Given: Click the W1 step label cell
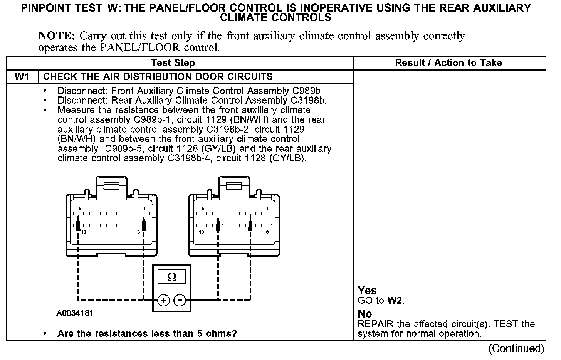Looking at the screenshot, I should point(22,76).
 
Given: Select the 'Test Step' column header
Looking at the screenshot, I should point(173,63).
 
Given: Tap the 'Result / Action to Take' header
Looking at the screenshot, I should point(448,63).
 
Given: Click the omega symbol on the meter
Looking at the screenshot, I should point(172,277).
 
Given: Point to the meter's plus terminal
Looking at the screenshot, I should point(163,300).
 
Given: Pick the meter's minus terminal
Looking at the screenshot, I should point(180,300).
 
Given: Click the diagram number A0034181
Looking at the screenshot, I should point(75,313).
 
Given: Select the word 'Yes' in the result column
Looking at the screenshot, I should point(367,290).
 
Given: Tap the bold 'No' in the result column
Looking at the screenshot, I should point(365,314).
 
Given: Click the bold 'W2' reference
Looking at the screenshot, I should point(395,301).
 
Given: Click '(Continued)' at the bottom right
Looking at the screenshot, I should point(516,348).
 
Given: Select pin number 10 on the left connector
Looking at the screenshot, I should point(84,232).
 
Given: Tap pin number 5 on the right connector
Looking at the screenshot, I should point(203,209).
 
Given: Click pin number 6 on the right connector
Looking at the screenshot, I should point(267,232).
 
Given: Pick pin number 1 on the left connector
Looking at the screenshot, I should point(144,209).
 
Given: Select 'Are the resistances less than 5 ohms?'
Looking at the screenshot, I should point(147,333).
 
